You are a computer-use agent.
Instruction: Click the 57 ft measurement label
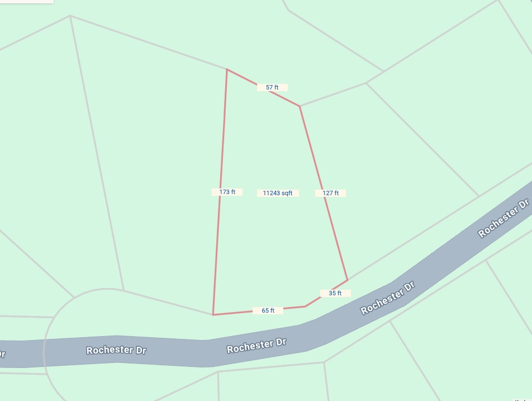pyautogui.click(x=272, y=87)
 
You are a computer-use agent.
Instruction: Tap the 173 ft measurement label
pyautogui.click(x=227, y=192)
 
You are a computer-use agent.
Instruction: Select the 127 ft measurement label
pyautogui.click(x=331, y=193)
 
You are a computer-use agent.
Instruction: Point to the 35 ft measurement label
pyautogui.click(x=335, y=293)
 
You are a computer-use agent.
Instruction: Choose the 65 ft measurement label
pyautogui.click(x=268, y=310)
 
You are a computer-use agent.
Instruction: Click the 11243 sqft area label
pyautogui.click(x=278, y=193)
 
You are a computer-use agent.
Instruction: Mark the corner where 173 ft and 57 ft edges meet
pyautogui.click(x=227, y=69)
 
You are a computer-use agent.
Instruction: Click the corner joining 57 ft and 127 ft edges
pyautogui.click(x=300, y=106)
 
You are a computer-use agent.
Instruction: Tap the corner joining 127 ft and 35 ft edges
pyautogui.click(x=348, y=280)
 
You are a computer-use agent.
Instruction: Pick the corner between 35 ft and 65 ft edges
pyautogui.click(x=305, y=306)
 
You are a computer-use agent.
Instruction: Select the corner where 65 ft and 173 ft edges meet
pyautogui.click(x=213, y=315)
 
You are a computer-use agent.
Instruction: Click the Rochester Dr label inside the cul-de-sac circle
pyautogui.click(x=116, y=351)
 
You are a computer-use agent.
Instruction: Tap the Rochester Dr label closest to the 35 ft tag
pyautogui.click(x=388, y=298)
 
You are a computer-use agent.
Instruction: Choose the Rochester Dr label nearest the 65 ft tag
pyautogui.click(x=256, y=345)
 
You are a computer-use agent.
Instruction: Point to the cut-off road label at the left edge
pyautogui.click(x=2, y=354)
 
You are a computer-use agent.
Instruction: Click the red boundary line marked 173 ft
pyautogui.click(x=222, y=140)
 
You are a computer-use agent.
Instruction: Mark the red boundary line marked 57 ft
pyautogui.click(x=246, y=79)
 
